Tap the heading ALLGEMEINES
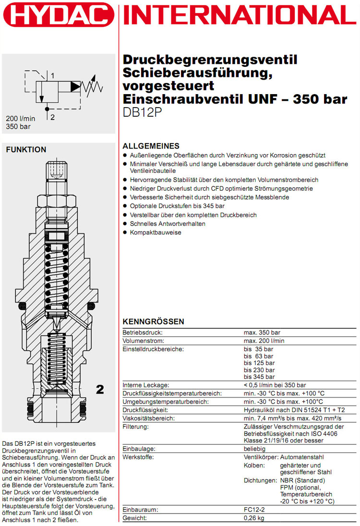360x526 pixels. coord(151,146)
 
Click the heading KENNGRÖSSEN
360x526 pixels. coord(153,322)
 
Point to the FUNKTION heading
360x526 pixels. coord(26,150)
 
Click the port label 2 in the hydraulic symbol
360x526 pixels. coord(52,117)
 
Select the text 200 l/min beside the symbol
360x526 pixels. coord(21,119)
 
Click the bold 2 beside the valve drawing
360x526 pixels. coord(100,390)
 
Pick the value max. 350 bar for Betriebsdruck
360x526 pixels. coord(262,332)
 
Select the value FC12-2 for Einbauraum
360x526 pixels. coord(255,509)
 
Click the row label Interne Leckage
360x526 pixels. coord(146,385)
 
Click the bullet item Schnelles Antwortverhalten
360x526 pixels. coord(168,224)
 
